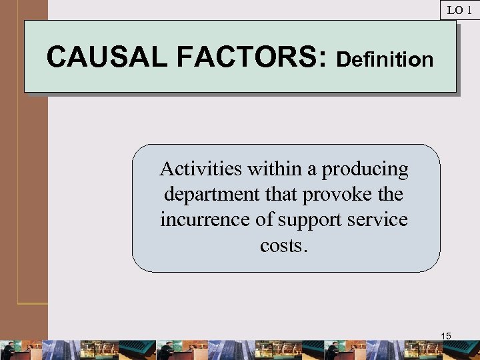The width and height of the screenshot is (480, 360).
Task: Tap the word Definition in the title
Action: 385,59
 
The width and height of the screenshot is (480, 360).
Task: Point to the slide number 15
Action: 446,336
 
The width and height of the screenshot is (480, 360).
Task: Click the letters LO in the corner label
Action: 455,10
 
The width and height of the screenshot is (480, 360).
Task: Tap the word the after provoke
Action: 391,195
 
